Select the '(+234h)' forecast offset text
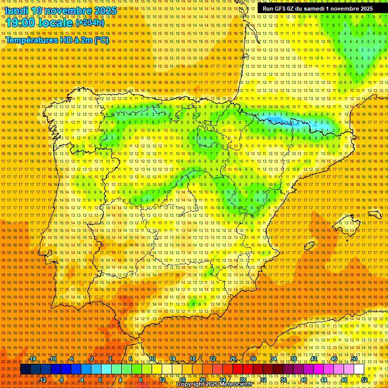(x=90, y=22)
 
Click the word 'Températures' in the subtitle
(x=31, y=40)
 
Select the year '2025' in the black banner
(x=365, y=9)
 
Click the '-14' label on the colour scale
(x=32, y=359)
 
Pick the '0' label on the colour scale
(x=100, y=380)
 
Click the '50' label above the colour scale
(x=354, y=359)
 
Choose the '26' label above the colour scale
(x=233, y=359)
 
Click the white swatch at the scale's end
(x=359, y=369)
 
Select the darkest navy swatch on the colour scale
(x=25, y=369)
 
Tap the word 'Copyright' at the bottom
(x=191, y=384)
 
